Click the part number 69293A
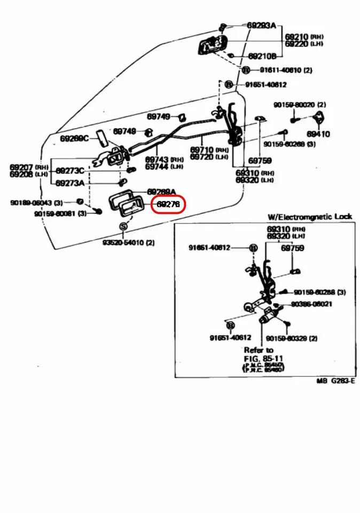pyautogui.click(x=261, y=25)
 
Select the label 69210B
pyautogui.click(x=262, y=56)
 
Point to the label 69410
pyautogui.click(x=318, y=134)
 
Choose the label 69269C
pyautogui.click(x=74, y=138)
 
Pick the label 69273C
pyautogui.click(x=70, y=170)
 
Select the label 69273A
pyautogui.click(x=70, y=183)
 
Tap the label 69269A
pyautogui.click(x=161, y=191)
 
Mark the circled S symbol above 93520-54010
pyautogui.click(x=124, y=226)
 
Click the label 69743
pyautogui.click(x=157, y=159)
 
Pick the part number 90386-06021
pyautogui.click(x=311, y=304)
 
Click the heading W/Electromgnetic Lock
pyautogui.click(x=310, y=216)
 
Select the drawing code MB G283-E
pyautogui.click(x=335, y=381)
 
